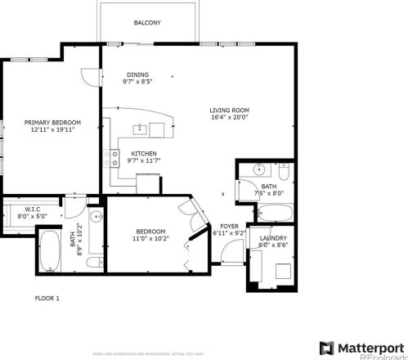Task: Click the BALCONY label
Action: click(147, 23)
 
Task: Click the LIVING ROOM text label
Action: click(229, 110)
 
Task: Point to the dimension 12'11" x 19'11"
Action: click(46, 128)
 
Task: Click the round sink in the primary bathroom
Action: click(95, 217)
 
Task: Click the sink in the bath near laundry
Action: click(258, 170)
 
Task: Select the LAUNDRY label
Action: click(272, 237)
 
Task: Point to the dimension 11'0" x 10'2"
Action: click(150, 239)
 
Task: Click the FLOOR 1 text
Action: click(47, 299)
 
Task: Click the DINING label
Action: click(137, 74)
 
